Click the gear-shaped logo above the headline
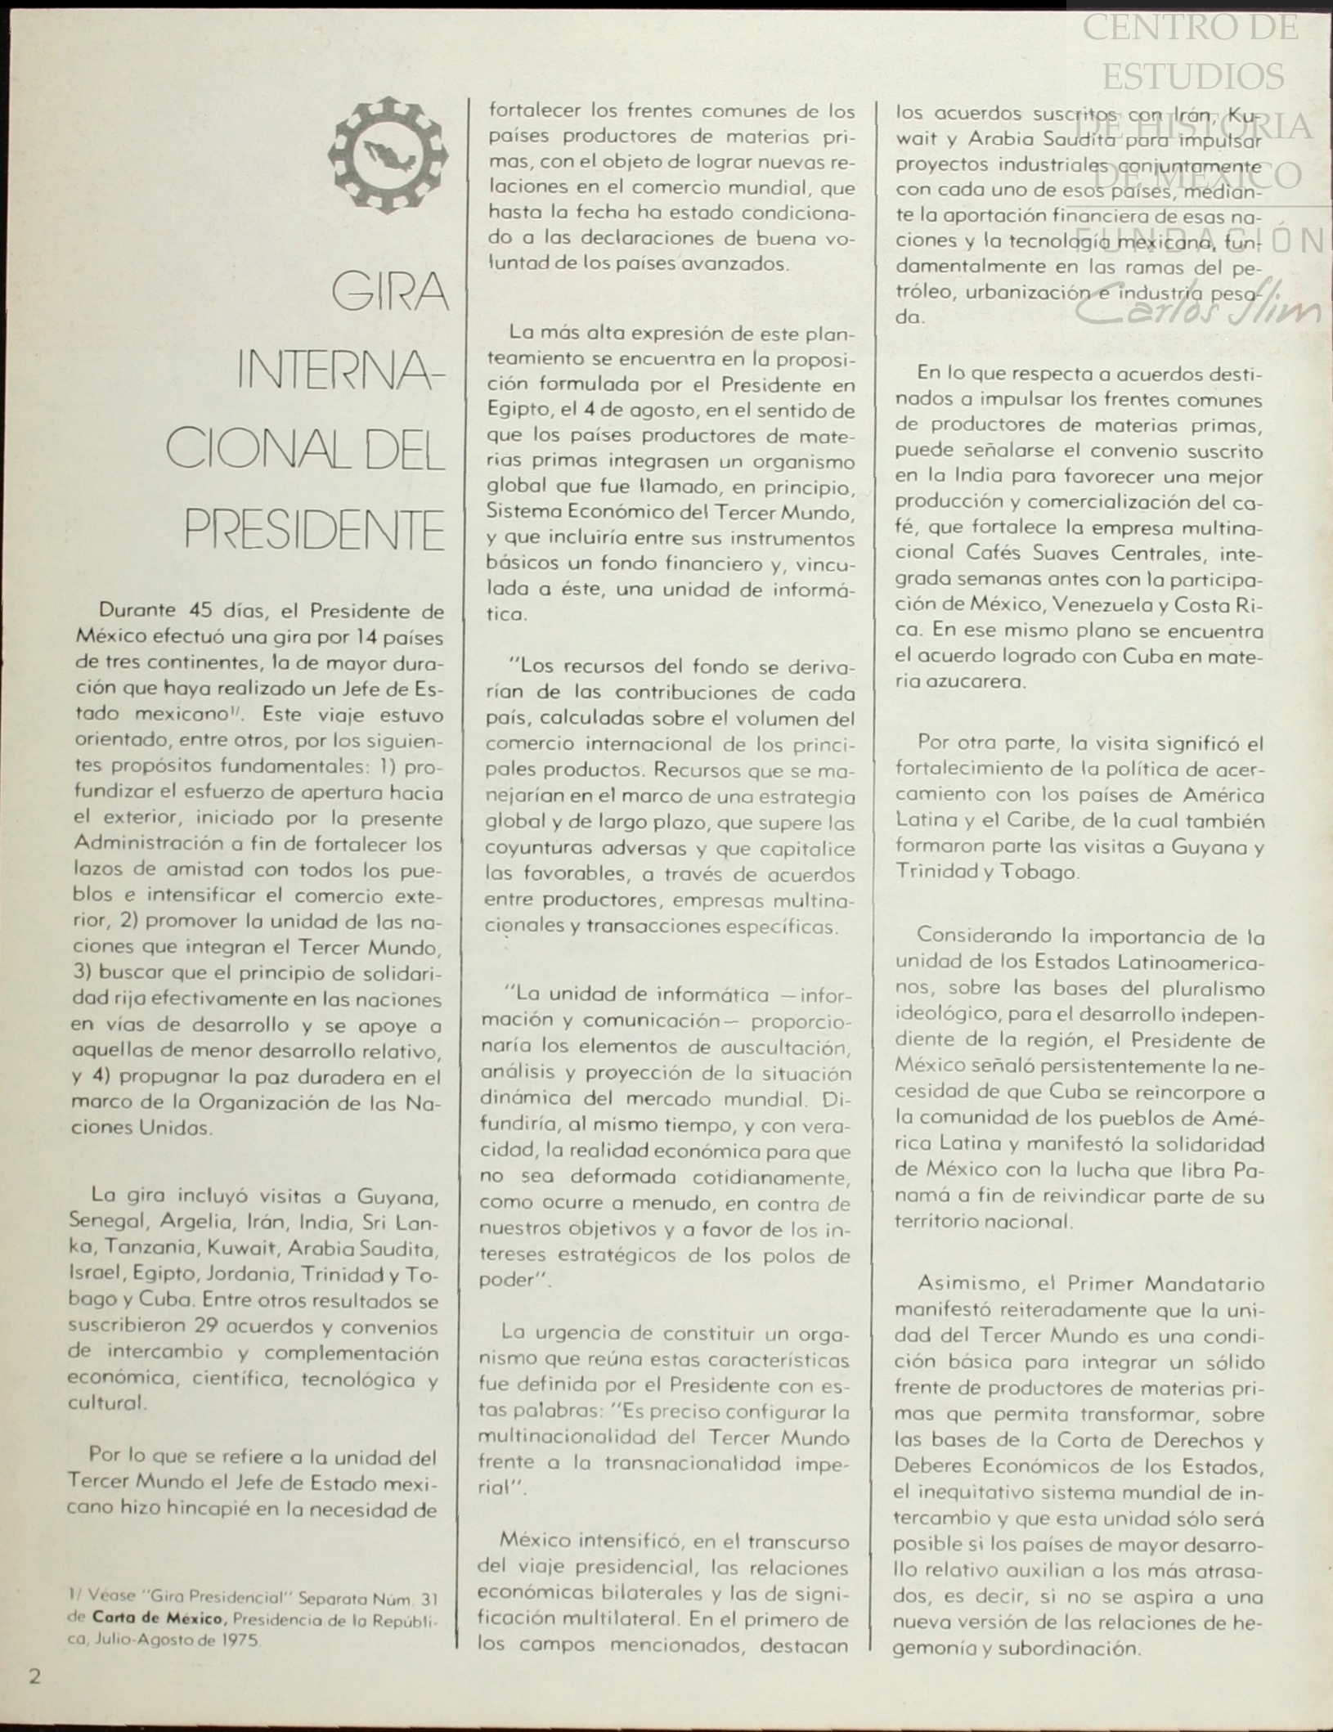[x=388, y=155]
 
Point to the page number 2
[x=35, y=1676]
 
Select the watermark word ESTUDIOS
[x=1192, y=77]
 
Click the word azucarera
[x=959, y=682]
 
